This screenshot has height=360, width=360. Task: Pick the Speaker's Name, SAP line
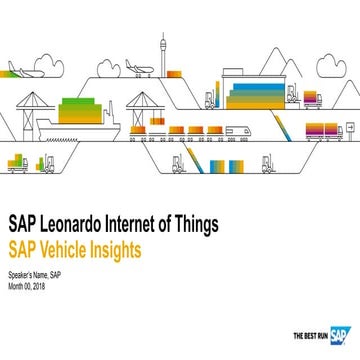pyautogui.click(x=36, y=276)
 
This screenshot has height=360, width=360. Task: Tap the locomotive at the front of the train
pyautogui.click(x=238, y=130)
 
